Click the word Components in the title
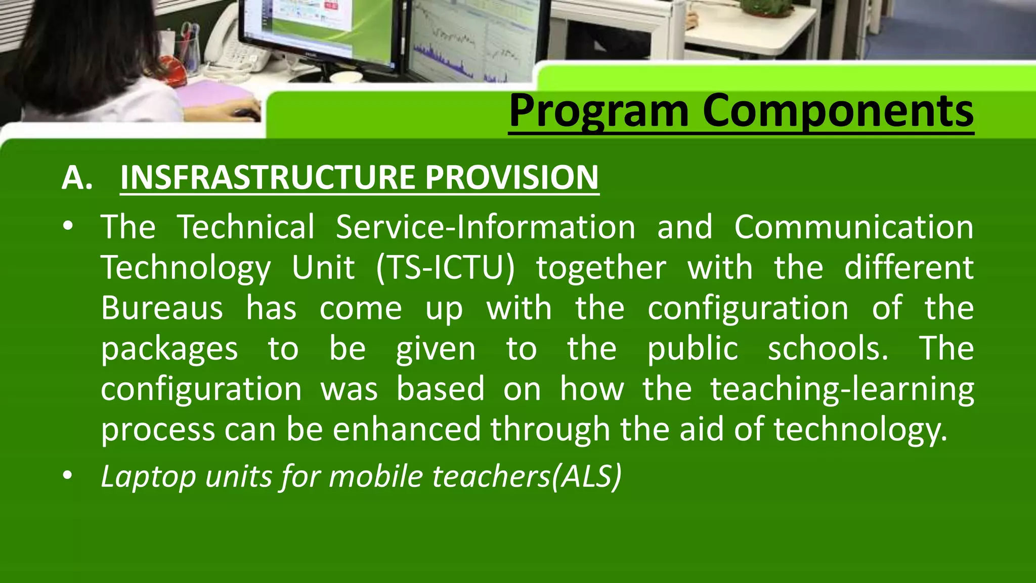(838, 111)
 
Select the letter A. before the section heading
(77, 178)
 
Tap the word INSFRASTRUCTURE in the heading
(269, 178)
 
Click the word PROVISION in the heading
(511, 178)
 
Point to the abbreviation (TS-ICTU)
(445, 268)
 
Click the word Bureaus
(162, 308)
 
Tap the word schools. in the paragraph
(828, 349)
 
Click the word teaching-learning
(842, 389)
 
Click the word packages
(169, 350)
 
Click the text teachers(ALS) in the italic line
(526, 477)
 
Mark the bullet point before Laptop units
(68, 476)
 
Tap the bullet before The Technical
(68, 227)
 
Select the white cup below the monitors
(346, 77)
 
